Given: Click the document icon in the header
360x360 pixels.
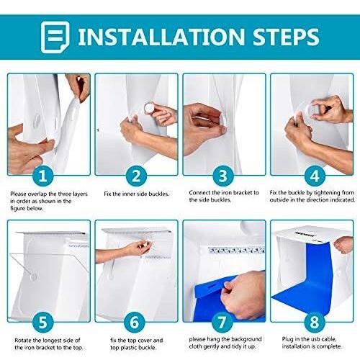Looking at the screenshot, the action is pos(55,37).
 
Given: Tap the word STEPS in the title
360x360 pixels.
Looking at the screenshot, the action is pos(286,37).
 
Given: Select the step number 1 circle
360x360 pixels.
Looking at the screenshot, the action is pos(43,176).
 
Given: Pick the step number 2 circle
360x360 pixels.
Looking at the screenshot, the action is pos(136,176).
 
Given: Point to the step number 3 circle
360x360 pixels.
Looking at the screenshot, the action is pos(223,176).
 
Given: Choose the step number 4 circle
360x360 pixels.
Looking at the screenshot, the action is pos(315,176).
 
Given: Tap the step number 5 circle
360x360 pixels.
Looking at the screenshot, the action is pos(43,323).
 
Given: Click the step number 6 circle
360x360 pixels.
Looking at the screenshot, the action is pos(135,323).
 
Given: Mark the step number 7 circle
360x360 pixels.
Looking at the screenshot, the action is pos(222,323).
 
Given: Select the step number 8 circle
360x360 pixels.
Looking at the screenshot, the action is pos(315,323).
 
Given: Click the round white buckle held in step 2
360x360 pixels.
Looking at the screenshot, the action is pos(150,107).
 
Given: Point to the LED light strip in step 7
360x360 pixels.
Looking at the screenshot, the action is pos(236,250).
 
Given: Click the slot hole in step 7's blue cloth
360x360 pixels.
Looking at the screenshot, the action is pos(212,287).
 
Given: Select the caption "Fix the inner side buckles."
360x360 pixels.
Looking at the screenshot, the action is pos(137,194).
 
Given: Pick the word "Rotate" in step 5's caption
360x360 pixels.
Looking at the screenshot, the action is pos(23,340).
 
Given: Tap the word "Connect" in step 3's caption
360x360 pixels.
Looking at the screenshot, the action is pos(200,193).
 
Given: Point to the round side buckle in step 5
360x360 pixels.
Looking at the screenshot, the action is pos(34,277).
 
